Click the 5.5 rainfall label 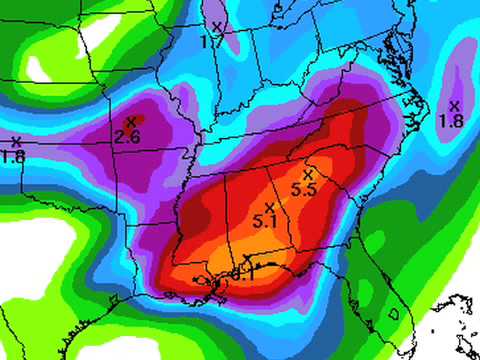(304, 188)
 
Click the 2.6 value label (127, 136)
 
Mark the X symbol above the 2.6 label (130, 122)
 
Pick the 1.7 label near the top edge (210, 42)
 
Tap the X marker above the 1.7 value (217, 27)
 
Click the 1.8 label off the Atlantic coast (452, 120)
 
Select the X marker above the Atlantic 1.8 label (454, 105)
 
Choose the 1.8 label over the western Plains (13, 155)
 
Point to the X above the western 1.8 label (16, 141)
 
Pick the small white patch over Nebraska (40, 70)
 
